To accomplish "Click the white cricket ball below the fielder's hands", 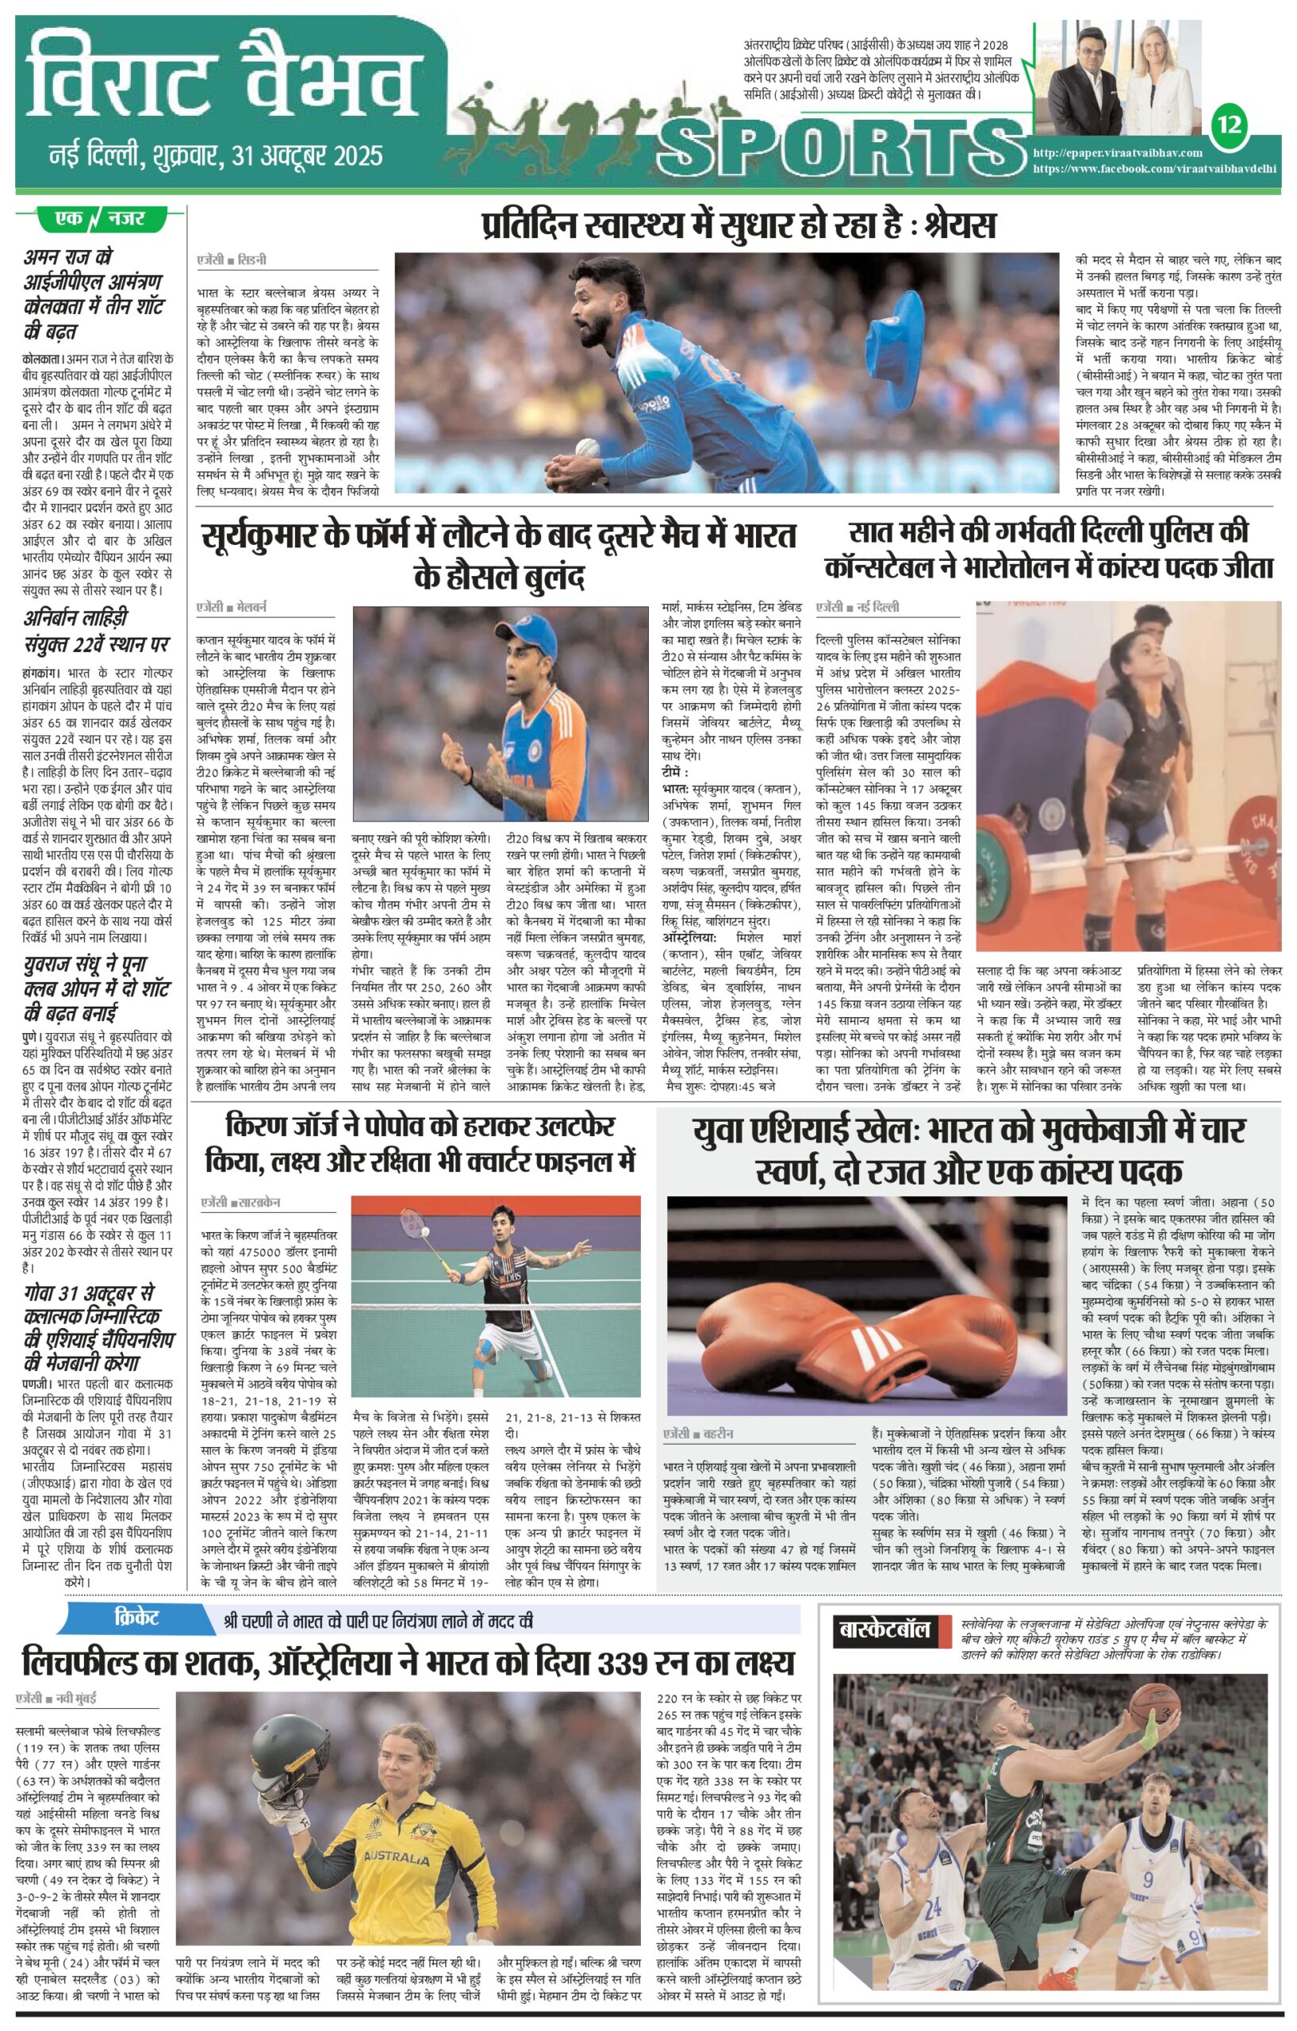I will pos(588,448).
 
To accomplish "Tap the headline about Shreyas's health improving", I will pos(739,225).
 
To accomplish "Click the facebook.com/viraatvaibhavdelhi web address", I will pos(1154,169).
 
